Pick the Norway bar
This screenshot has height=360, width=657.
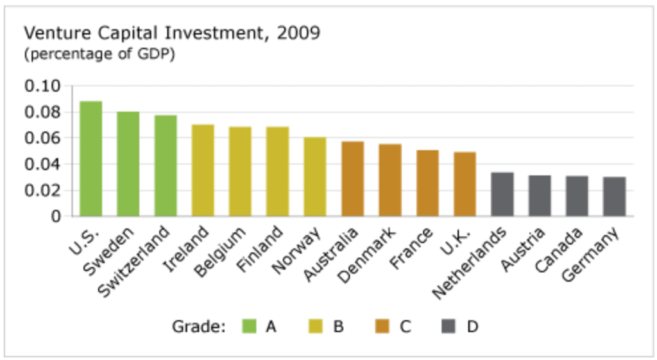315,176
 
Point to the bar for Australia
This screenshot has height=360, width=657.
352,179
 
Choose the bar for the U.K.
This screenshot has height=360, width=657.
465,184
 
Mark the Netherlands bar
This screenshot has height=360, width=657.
502,194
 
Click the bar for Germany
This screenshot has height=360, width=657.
614,196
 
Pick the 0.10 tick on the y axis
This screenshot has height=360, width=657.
42,86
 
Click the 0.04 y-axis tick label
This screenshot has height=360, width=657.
42,164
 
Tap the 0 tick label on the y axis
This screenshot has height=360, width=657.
56,216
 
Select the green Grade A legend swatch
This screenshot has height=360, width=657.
250,327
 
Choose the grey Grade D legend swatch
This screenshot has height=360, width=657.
449,327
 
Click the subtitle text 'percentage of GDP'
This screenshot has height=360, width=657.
99,54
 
